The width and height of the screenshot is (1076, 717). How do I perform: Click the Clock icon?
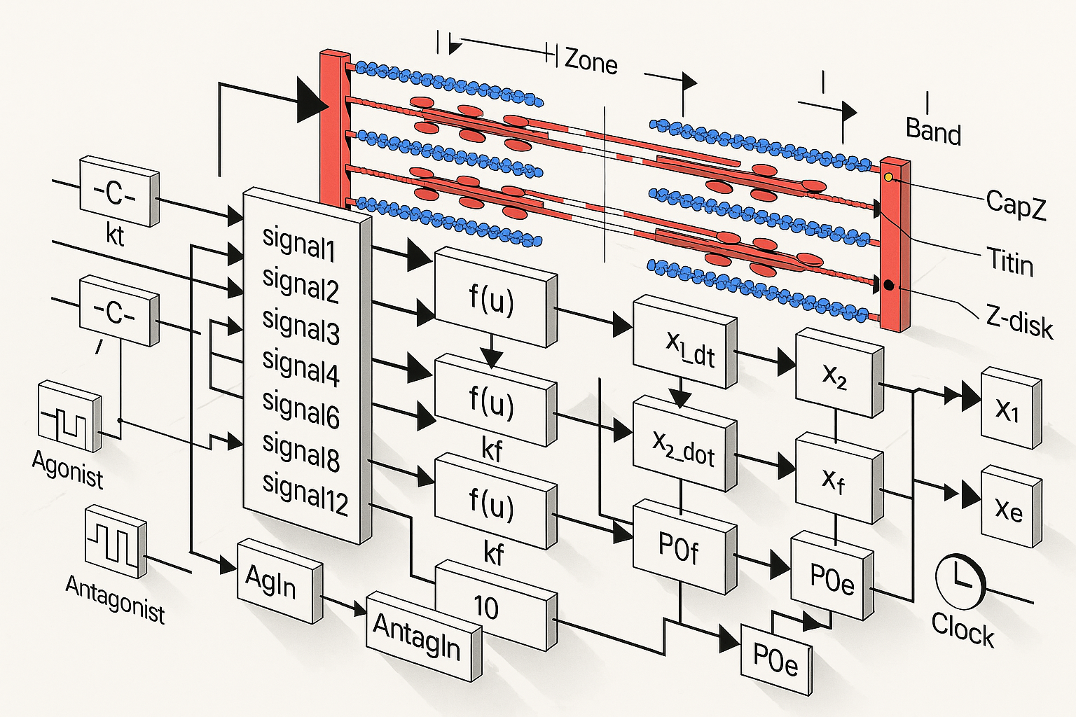[x=960, y=580]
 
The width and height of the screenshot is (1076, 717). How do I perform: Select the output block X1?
[x=1009, y=408]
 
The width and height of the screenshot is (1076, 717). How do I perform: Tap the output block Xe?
[x=1009, y=508]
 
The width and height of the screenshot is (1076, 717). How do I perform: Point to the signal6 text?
[x=301, y=409]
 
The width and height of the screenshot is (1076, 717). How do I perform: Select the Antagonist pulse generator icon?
[x=115, y=541]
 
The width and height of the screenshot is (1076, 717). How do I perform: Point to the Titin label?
[x=1009, y=263]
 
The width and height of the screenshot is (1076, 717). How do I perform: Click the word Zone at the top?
[x=591, y=62]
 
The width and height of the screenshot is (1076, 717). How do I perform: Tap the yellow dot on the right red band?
[x=889, y=177]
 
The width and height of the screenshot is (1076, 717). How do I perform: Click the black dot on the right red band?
[x=889, y=285]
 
